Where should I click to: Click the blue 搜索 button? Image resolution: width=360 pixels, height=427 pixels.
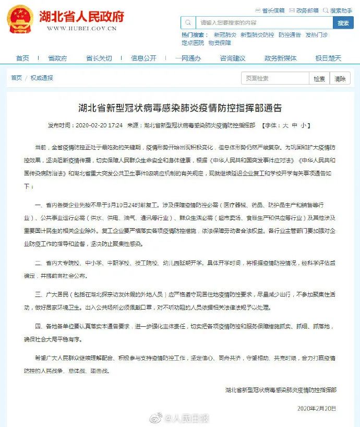point(343,23)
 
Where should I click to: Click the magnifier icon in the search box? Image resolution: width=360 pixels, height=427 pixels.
point(188,23)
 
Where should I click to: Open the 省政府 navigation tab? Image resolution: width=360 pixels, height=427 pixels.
point(57,58)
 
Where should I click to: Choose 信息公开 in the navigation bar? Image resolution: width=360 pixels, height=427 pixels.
point(143,58)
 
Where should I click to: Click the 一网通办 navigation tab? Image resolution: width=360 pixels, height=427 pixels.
point(188,58)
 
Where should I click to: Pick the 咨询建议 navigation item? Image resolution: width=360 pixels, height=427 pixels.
point(232,58)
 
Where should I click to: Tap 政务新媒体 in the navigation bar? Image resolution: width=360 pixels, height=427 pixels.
point(280,58)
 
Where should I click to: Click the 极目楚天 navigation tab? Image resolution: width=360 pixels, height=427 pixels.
point(328,58)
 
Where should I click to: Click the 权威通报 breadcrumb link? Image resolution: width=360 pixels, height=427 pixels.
point(42,78)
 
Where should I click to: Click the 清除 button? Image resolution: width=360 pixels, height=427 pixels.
point(340,79)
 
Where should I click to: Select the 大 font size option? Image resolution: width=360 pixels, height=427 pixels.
point(285,126)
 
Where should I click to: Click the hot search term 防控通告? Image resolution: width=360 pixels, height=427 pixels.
point(290,35)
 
